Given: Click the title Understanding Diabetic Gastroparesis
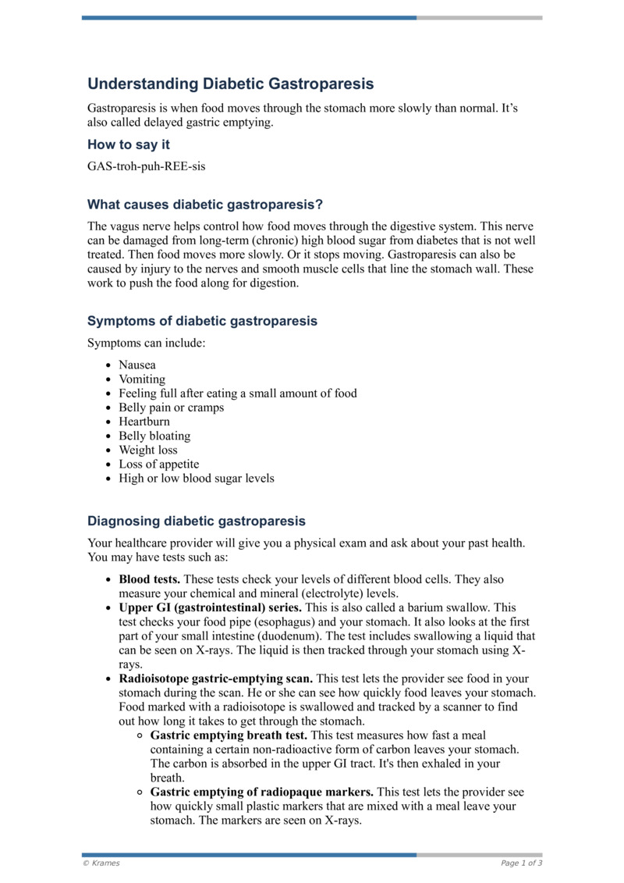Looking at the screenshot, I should (x=230, y=84).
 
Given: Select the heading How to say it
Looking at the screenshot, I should (x=128, y=144).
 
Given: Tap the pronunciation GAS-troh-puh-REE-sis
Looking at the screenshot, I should (x=147, y=166).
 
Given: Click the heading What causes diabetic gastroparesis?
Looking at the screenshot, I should (x=204, y=205).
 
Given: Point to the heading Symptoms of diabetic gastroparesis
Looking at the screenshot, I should (x=202, y=321).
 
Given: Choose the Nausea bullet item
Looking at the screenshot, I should (x=137, y=365).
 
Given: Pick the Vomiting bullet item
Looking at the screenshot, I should (x=142, y=379).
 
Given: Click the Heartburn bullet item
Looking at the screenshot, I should (x=144, y=422).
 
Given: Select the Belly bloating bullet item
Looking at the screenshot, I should (x=154, y=436).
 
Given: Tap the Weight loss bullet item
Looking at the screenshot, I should (x=148, y=450).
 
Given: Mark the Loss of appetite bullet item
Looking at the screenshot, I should (x=158, y=464).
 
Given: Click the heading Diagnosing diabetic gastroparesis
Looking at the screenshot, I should (x=196, y=521).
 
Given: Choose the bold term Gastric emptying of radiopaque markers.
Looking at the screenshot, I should (x=261, y=792).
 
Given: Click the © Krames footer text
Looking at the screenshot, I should (x=101, y=863).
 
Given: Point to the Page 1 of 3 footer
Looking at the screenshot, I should (x=521, y=863).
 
